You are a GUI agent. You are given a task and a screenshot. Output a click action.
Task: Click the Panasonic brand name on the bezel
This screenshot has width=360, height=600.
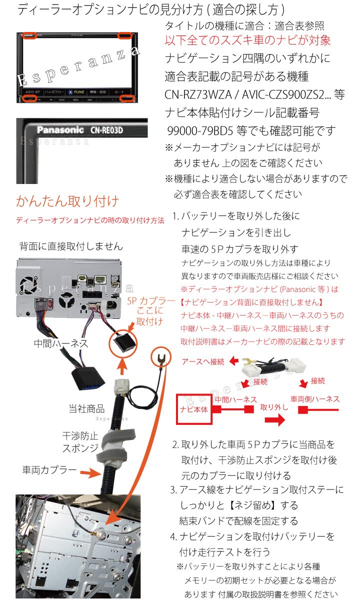[x=60, y=130]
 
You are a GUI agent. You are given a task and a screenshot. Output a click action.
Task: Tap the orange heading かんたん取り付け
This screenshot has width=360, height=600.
[x=67, y=201]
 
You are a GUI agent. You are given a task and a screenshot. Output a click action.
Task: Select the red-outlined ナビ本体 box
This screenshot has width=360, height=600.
[x=193, y=408]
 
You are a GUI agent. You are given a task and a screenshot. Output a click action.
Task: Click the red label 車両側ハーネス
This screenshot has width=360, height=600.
[x=315, y=398]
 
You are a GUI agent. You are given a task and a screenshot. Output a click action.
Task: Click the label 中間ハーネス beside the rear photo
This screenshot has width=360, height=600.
[x=61, y=343]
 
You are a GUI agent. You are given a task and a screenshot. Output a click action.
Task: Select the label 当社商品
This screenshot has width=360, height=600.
[x=86, y=408]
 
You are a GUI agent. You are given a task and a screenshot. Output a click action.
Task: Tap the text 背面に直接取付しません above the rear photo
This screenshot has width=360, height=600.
[x=70, y=246]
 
